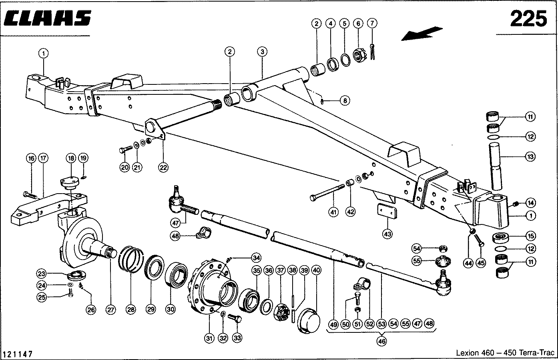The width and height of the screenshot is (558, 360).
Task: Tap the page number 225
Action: (x=528, y=19)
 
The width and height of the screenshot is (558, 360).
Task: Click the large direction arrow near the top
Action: (x=422, y=33)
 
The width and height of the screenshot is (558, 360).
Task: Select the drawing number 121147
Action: (x=18, y=354)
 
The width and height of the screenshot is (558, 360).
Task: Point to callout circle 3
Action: (x=262, y=52)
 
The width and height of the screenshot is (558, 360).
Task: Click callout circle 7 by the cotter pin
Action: (x=372, y=23)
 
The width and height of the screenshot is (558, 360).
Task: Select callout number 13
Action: (x=530, y=157)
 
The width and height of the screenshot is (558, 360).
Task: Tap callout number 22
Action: (x=163, y=167)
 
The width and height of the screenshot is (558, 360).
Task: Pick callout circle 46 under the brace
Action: (x=381, y=342)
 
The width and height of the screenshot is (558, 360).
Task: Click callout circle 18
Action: (x=71, y=159)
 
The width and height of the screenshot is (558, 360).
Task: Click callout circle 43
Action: (x=387, y=234)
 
